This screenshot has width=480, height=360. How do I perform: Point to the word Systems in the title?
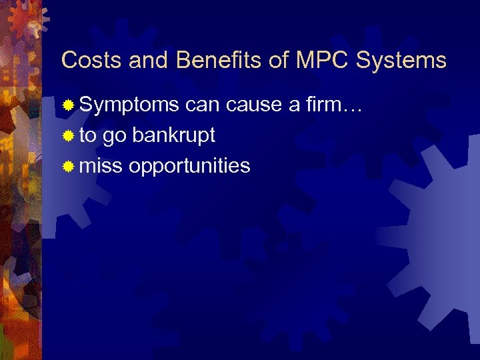coord(401,61)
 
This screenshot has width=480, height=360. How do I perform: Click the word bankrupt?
coord(173,135)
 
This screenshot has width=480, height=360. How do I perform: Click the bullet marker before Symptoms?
coord(68,105)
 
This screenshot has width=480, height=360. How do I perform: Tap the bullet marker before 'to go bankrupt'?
coord(68,136)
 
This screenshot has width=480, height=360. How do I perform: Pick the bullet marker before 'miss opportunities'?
coord(68,166)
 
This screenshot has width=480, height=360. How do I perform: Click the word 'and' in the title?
coord(149,61)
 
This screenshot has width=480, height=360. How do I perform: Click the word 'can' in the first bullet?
coord(203,105)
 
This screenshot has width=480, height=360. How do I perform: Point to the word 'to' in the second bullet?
coord(87,135)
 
